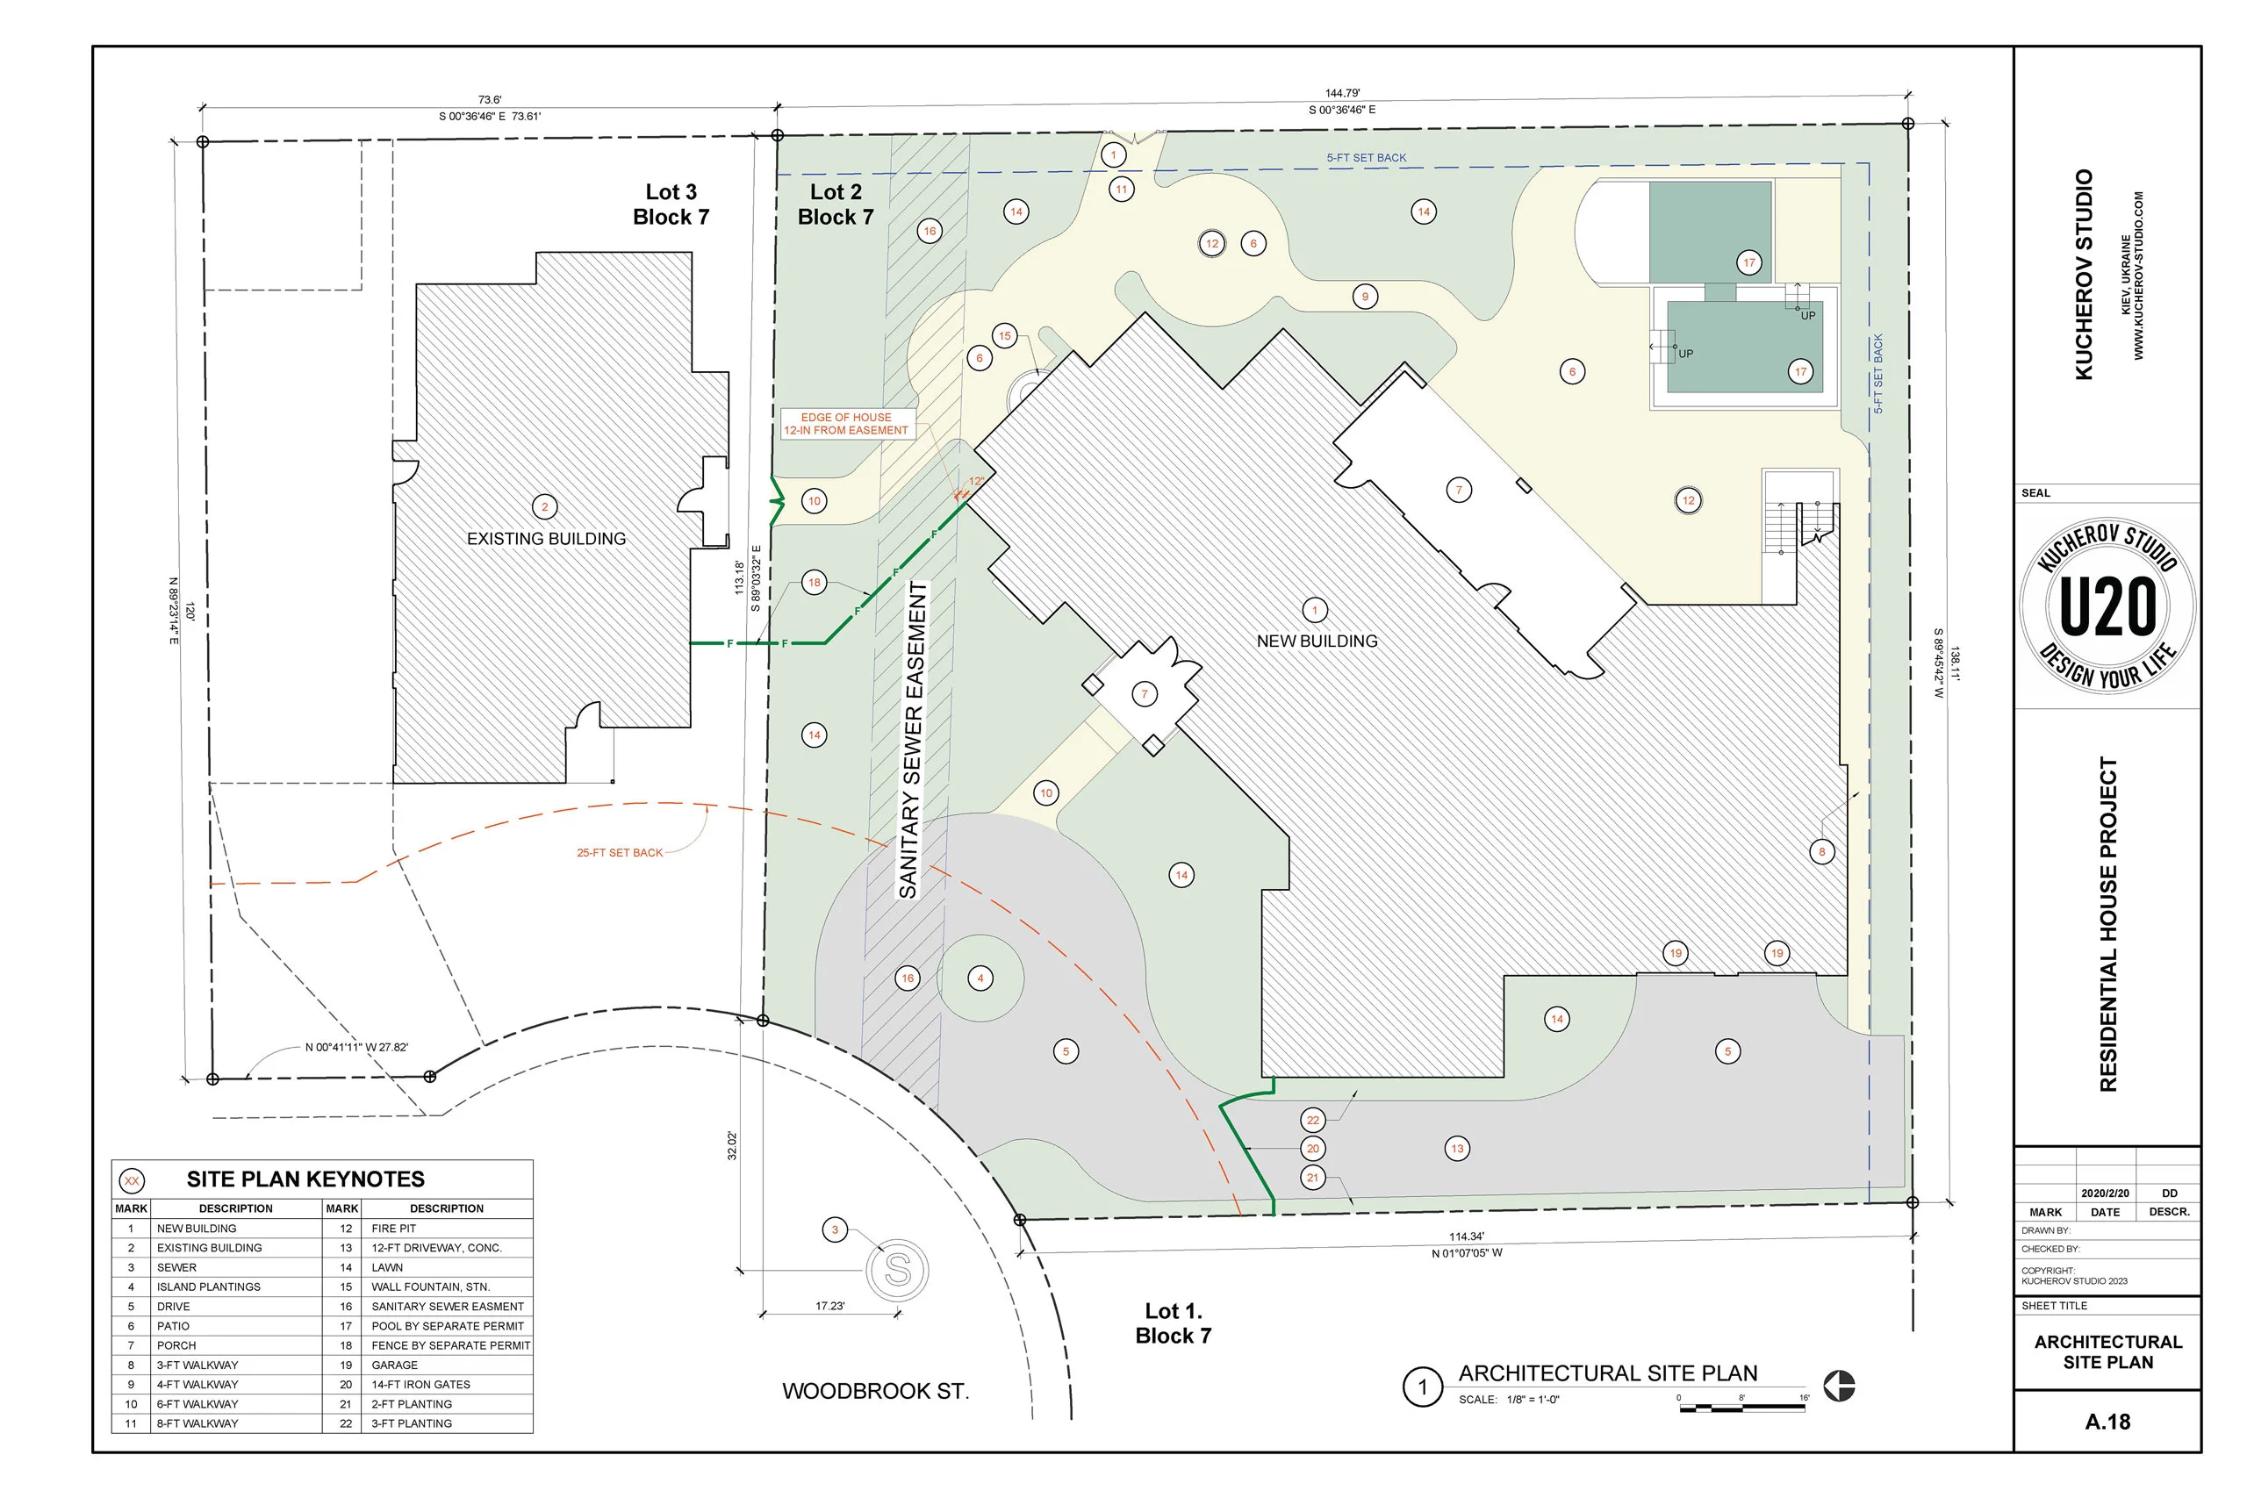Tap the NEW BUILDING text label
[x=1317, y=641]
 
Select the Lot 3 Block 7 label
[x=671, y=204]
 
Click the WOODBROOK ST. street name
[x=875, y=1391]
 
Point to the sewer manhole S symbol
[x=897, y=1270]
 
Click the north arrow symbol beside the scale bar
[x=1839, y=1386]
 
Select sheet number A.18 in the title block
[x=2107, y=1422]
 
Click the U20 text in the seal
[x=2107, y=606]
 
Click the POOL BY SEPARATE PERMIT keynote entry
[x=447, y=1326]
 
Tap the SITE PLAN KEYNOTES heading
[x=305, y=1179]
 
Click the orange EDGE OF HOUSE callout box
[x=846, y=424]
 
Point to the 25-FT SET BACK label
[x=619, y=853]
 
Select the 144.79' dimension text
[x=1342, y=94]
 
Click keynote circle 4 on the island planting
[x=980, y=978]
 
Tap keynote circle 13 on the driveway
[x=1457, y=1149]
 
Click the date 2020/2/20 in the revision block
[x=2105, y=1193]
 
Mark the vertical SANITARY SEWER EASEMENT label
[x=911, y=741]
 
